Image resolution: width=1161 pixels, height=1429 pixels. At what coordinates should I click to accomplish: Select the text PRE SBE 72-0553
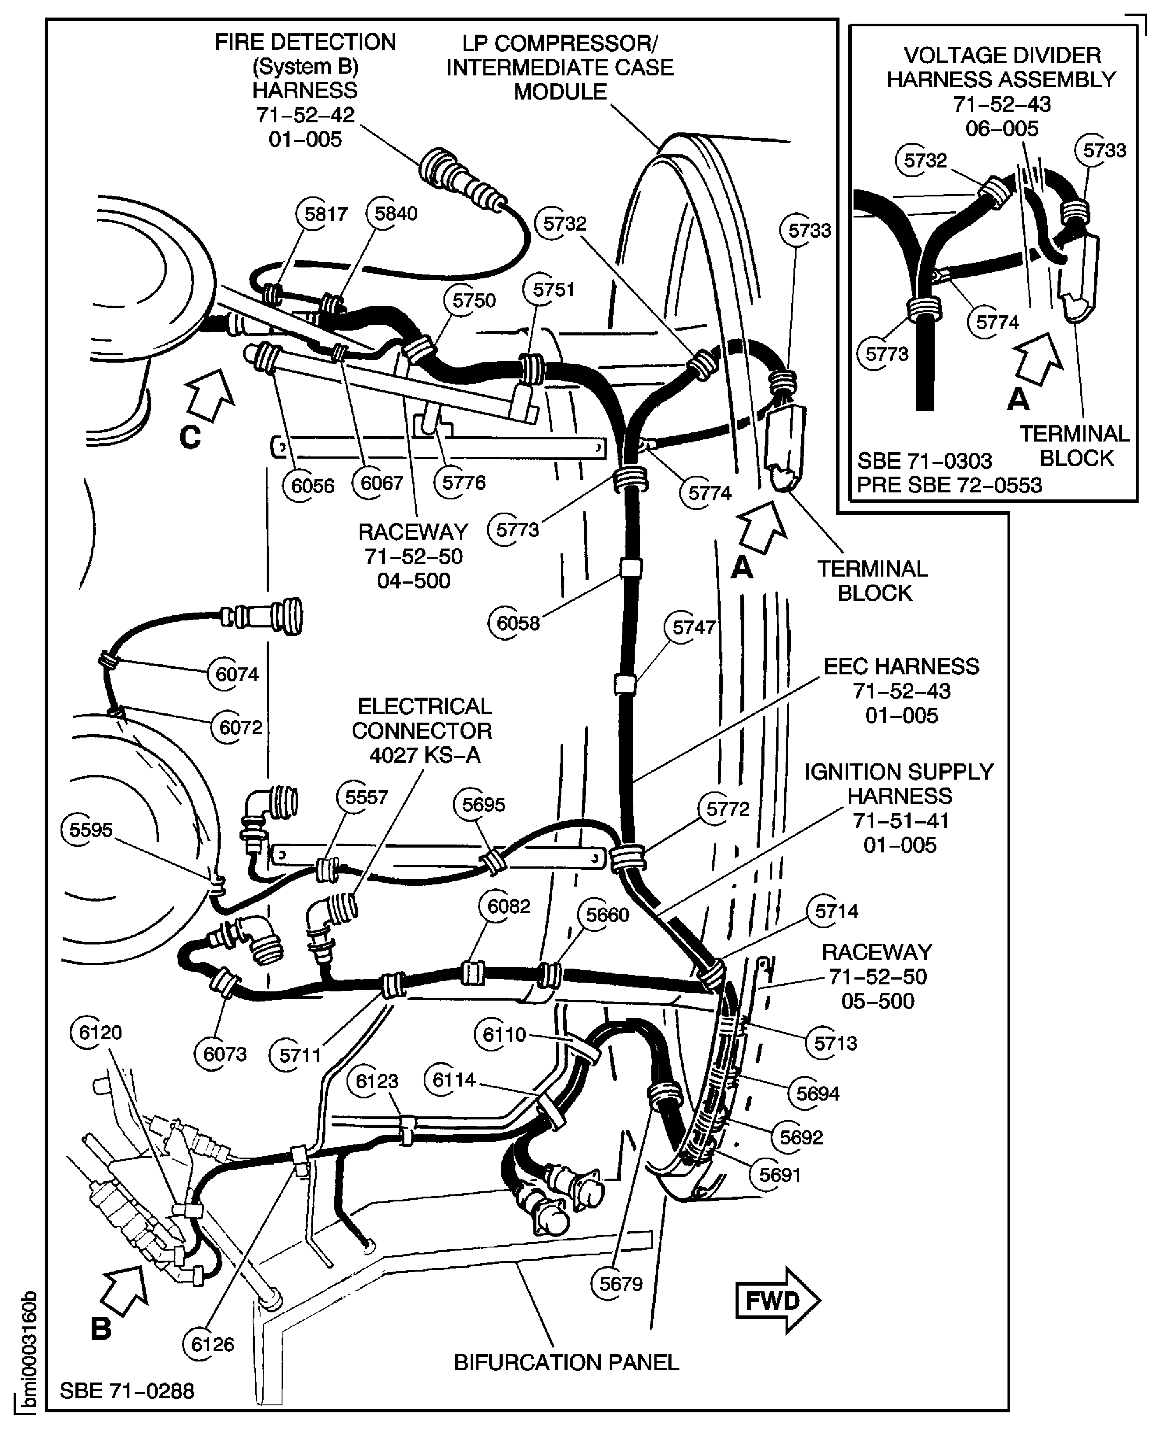tap(949, 485)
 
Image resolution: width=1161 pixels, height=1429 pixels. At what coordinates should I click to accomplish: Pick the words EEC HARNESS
tap(901, 666)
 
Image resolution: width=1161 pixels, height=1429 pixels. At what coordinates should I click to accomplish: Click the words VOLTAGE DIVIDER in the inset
tap(1002, 56)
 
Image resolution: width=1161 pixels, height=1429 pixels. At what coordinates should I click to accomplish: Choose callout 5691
tap(779, 1175)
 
